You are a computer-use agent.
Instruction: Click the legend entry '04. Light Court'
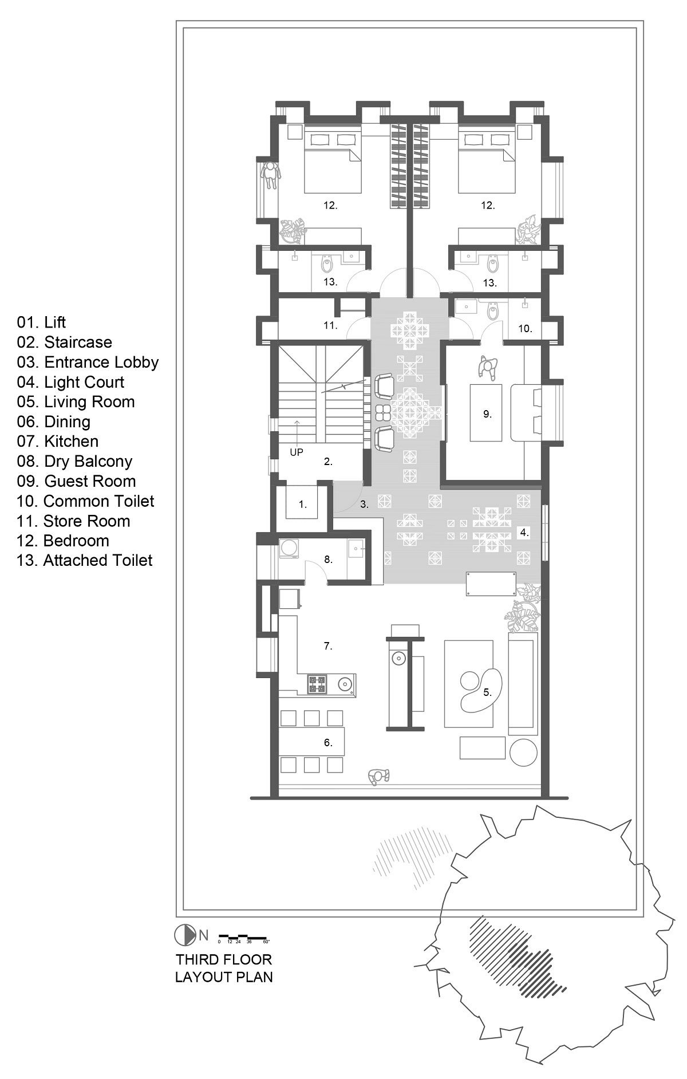pyautogui.click(x=70, y=382)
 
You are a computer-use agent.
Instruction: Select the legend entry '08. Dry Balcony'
pyautogui.click(x=74, y=461)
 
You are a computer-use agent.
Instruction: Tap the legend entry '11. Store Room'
pyautogui.click(x=73, y=521)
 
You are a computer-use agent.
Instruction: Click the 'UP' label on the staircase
pyautogui.click(x=296, y=452)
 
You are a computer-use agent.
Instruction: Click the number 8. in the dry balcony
pyautogui.click(x=328, y=559)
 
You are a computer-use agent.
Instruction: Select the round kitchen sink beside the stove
pyautogui.click(x=344, y=683)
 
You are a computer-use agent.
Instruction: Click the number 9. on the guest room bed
pyautogui.click(x=487, y=414)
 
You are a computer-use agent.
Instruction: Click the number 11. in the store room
pyautogui.click(x=330, y=325)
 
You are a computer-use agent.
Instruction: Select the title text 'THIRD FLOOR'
pyautogui.click(x=224, y=959)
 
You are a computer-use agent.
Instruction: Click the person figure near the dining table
pyautogui.click(x=378, y=776)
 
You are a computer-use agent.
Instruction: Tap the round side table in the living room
pyautogui.click(x=523, y=752)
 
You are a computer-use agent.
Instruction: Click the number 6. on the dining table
pyautogui.click(x=328, y=743)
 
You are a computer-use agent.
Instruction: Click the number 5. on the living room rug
pyautogui.click(x=487, y=692)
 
